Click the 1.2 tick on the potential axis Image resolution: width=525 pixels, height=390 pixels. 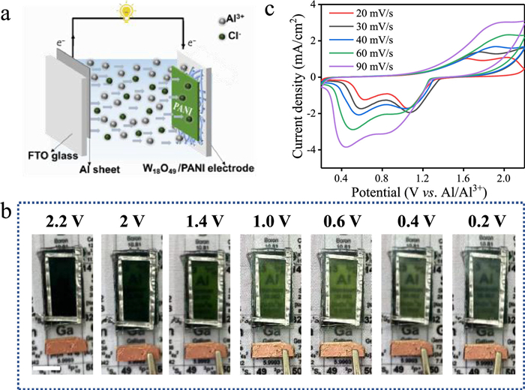(427, 178)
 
